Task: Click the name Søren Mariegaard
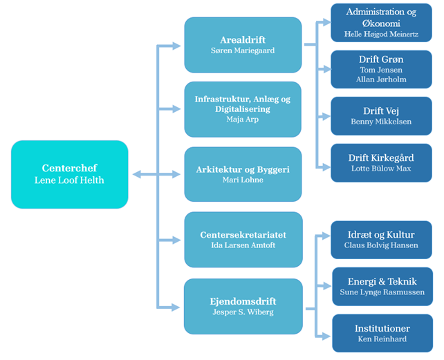coord(243,50)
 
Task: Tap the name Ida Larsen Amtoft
coord(243,245)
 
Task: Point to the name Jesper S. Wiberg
coord(243,312)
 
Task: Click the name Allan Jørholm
coord(382,79)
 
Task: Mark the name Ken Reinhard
coord(382,339)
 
